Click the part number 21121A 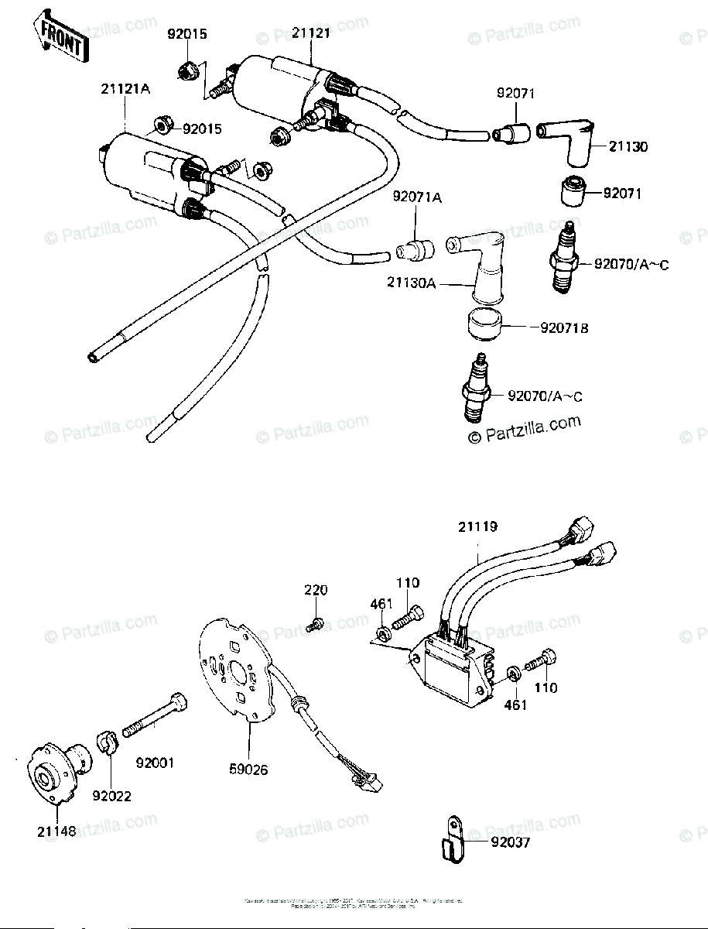pyautogui.click(x=125, y=90)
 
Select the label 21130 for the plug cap pyautogui.click(x=628, y=146)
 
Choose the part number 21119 pyautogui.click(x=477, y=527)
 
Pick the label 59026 pyautogui.click(x=249, y=771)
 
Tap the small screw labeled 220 pyautogui.click(x=314, y=624)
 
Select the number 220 pyautogui.click(x=315, y=591)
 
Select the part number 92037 pyautogui.click(x=510, y=842)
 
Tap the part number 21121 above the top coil pyautogui.click(x=312, y=33)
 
